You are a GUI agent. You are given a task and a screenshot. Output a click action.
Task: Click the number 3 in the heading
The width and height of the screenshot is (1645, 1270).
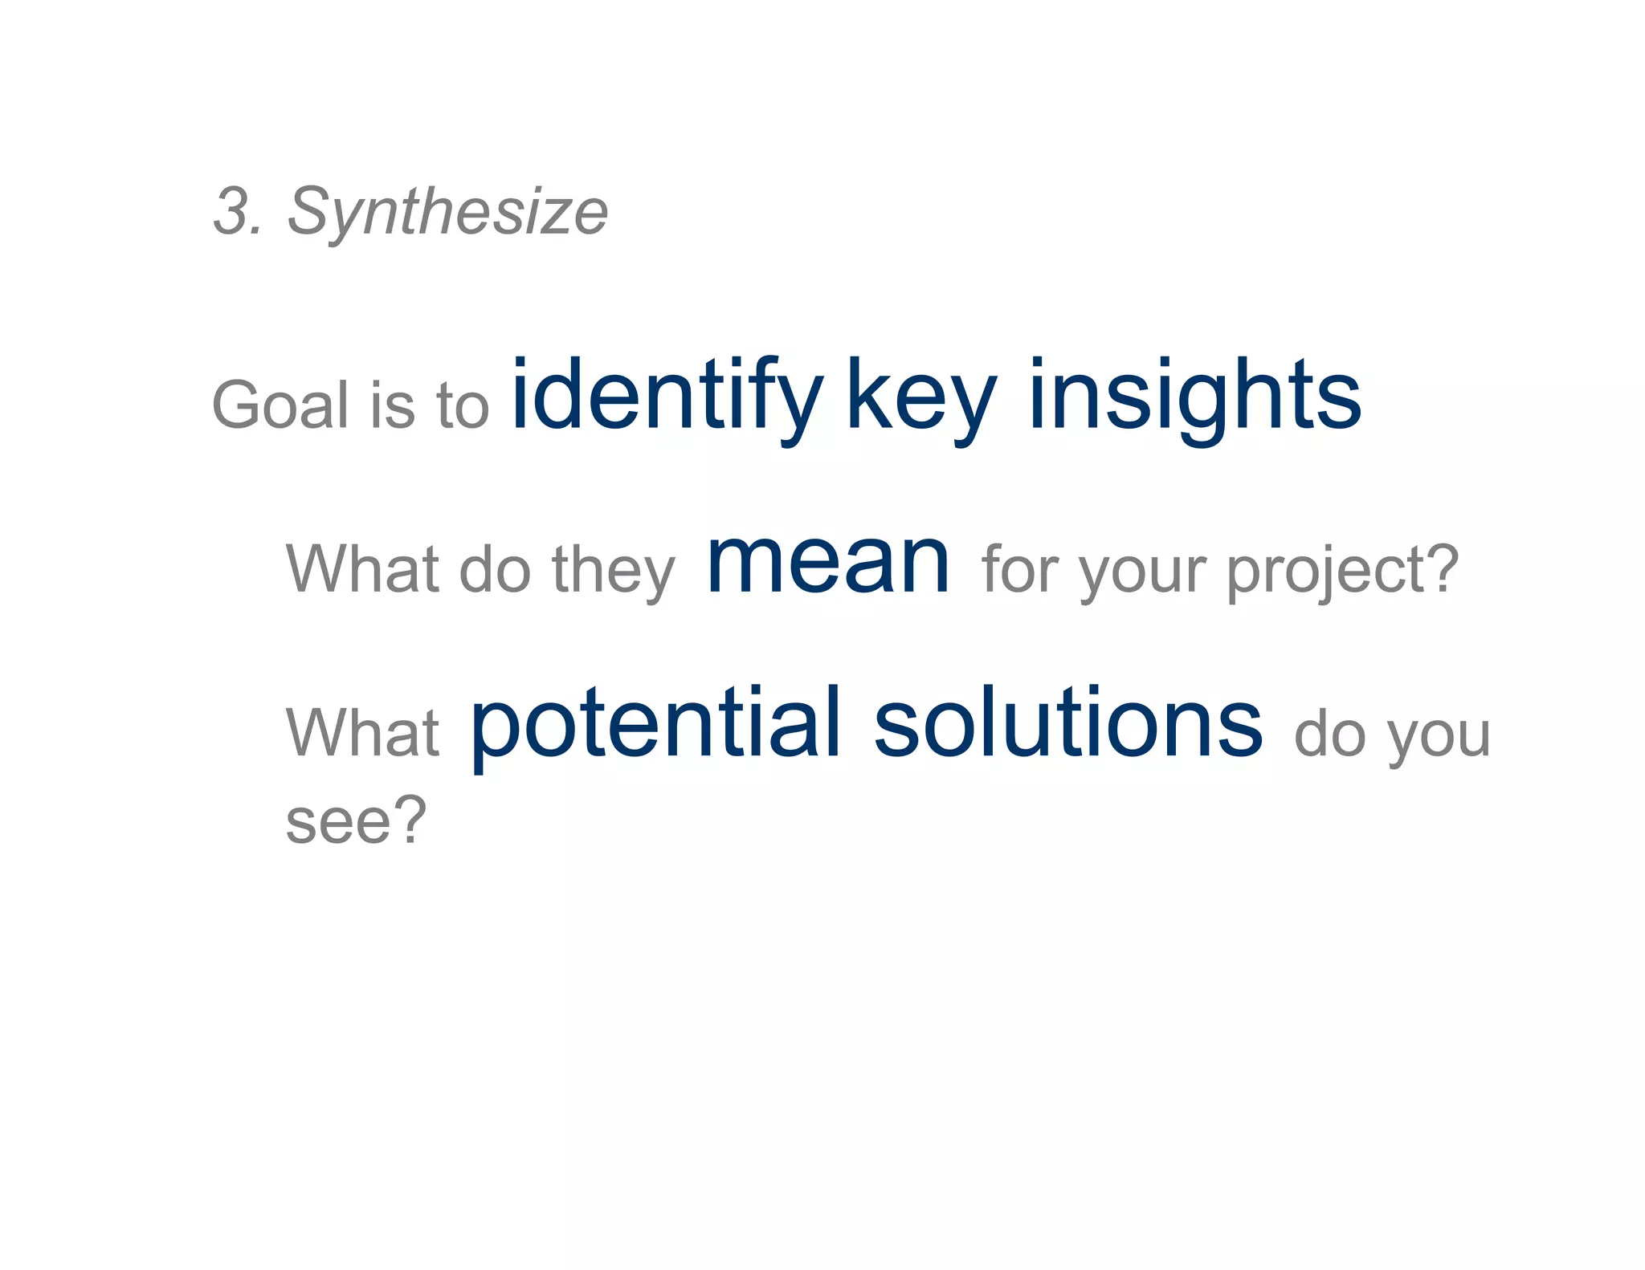[x=232, y=211]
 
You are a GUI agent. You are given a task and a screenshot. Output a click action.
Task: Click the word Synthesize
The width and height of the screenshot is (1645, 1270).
[x=447, y=213]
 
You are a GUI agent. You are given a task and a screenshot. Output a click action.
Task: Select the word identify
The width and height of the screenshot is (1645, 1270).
[x=666, y=397]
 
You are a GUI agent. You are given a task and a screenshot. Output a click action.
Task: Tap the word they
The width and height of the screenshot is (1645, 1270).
[x=614, y=570]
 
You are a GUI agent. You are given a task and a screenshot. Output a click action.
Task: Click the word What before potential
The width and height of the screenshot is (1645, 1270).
[x=362, y=732]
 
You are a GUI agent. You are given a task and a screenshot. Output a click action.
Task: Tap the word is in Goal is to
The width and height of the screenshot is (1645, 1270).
[x=393, y=405]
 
